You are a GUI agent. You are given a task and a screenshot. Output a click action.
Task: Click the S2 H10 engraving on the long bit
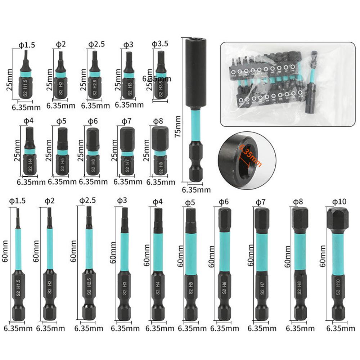tap(338, 288)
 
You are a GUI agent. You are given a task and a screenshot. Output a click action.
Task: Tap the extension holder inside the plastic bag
tap(312, 83)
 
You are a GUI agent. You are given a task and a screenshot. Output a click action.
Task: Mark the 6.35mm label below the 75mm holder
tap(196, 190)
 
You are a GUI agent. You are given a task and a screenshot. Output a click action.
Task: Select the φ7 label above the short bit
tap(126, 121)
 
